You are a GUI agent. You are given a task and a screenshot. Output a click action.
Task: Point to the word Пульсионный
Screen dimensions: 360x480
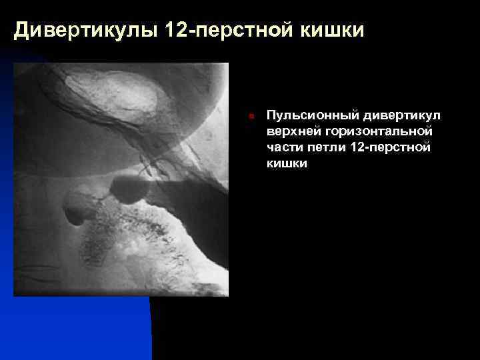coord(305,116)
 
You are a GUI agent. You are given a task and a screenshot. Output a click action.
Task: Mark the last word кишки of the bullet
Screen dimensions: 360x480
coord(287,163)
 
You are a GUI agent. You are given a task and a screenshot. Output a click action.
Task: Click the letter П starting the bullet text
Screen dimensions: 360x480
coord(271,116)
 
